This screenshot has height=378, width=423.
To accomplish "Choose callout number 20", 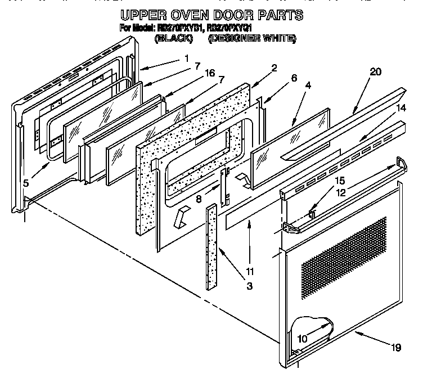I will (x=376, y=71).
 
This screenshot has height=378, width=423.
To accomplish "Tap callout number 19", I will (x=396, y=347).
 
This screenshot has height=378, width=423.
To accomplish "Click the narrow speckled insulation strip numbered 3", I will (x=211, y=247).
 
